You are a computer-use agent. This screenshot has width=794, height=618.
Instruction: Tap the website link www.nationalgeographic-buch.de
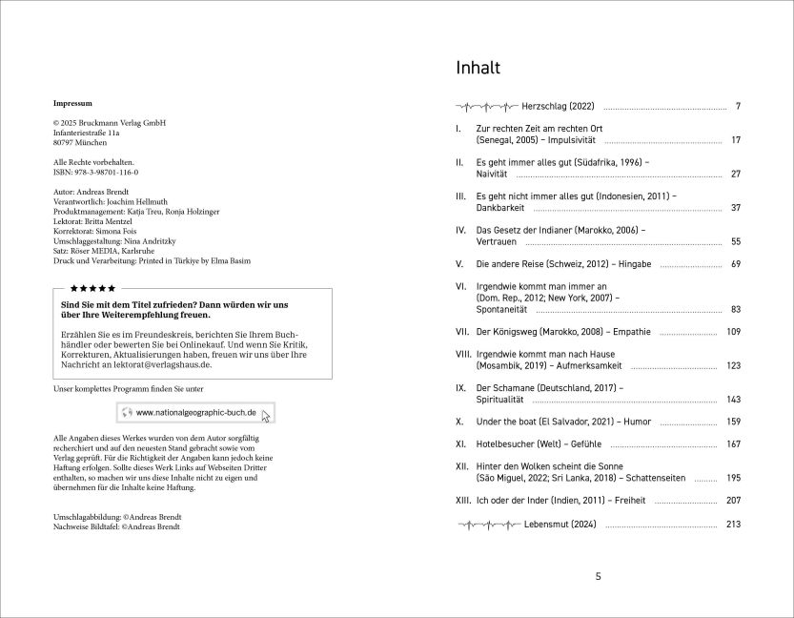click(195, 413)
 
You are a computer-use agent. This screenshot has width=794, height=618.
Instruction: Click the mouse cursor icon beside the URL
click(267, 416)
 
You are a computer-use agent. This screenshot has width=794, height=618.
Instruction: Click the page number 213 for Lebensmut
click(732, 524)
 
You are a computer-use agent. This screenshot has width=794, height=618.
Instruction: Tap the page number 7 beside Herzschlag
click(737, 105)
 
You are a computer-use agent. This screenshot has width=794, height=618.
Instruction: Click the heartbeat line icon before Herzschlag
click(486, 105)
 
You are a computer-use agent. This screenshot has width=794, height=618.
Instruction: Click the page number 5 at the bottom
click(598, 576)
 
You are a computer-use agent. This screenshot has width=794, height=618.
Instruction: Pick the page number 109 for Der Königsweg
click(732, 332)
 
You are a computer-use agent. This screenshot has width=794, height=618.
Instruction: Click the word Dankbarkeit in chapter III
click(501, 208)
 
